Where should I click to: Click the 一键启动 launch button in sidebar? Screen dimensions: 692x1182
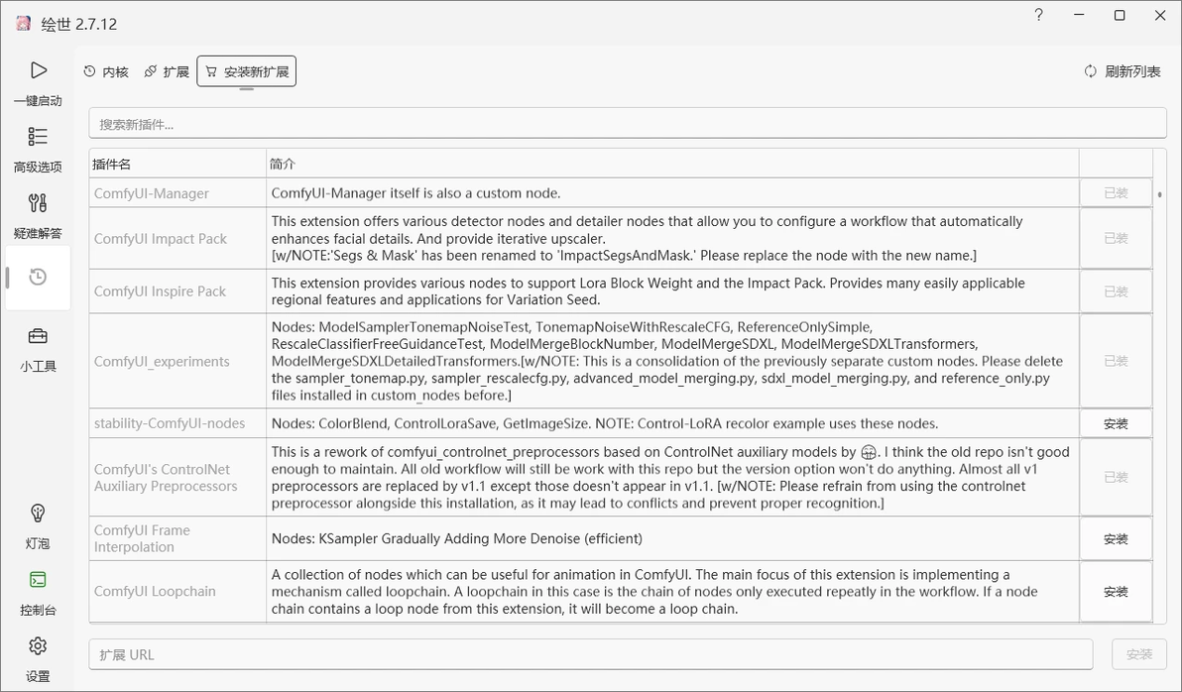point(38,81)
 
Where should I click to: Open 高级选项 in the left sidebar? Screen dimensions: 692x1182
point(38,148)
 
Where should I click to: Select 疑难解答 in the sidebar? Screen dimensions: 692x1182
point(38,214)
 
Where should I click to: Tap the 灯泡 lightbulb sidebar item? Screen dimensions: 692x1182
point(38,524)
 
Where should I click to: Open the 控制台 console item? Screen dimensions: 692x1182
point(38,591)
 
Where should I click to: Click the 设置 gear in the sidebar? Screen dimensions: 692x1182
point(38,657)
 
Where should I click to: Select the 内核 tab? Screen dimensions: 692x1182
point(106,71)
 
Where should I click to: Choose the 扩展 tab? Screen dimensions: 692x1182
point(167,71)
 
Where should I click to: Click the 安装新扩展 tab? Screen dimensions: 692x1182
point(247,71)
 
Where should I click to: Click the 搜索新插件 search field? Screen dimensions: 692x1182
point(627,124)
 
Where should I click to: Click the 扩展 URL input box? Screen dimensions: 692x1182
point(591,654)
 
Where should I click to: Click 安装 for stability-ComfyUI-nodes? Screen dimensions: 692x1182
point(1116,423)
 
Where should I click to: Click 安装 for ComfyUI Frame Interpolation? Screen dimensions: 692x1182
point(1116,539)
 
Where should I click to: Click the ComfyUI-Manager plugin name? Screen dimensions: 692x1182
point(152,193)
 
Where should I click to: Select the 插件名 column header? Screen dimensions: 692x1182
point(112,164)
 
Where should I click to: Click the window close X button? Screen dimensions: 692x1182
point(1160,16)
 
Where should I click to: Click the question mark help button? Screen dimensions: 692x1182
point(1038,16)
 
